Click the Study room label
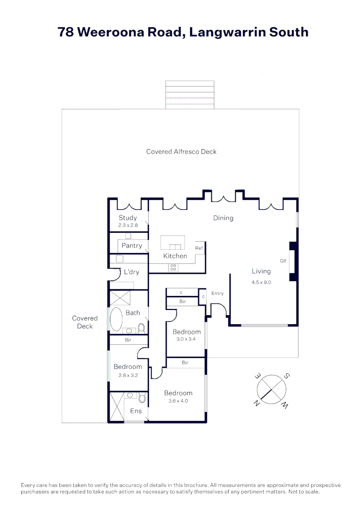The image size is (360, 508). point(128,218)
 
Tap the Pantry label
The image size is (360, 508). point(132,246)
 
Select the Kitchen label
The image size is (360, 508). point(175,256)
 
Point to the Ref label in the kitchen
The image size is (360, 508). point(199,248)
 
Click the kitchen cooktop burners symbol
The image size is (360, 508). point(173,267)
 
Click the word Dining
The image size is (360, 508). point(223,218)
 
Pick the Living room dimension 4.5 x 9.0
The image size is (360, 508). point(261,282)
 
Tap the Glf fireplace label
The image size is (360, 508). point(283,261)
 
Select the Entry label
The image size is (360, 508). point(217,294)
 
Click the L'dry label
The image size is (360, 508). point(132,272)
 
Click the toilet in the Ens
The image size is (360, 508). point(142,397)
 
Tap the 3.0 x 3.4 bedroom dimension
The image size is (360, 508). point(186,339)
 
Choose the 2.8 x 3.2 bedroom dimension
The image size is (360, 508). point(128,375)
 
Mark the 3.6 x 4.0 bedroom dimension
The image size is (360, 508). point(178,401)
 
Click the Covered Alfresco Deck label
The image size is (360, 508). point(182,151)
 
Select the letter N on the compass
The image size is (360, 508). point(256,404)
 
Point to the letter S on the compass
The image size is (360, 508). point(287,376)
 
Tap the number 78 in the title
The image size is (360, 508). point(66,32)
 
